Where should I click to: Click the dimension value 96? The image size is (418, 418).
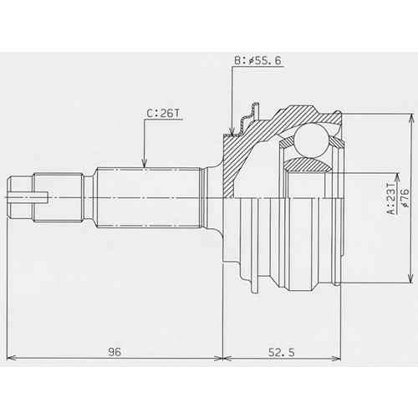pyautogui.click(x=115, y=352)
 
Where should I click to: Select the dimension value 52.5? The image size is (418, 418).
pyautogui.click(x=282, y=352)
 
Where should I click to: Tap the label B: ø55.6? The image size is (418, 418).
pyautogui.click(x=257, y=60)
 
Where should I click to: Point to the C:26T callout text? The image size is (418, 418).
pyautogui.click(x=164, y=113)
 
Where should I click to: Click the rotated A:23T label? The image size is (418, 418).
pyautogui.click(x=392, y=199)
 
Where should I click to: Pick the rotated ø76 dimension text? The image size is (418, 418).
pyautogui.click(x=405, y=198)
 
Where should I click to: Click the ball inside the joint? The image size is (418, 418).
pyautogui.click(x=311, y=140)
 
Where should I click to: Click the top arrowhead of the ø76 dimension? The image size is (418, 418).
pyautogui.click(x=410, y=117)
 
